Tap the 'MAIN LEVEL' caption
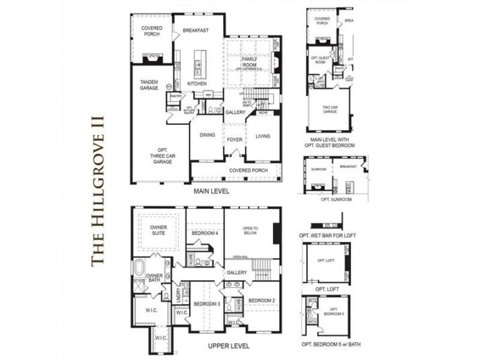(x=212, y=191)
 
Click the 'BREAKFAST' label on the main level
(x=196, y=30)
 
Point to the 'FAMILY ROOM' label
(x=249, y=62)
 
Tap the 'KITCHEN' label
(x=197, y=84)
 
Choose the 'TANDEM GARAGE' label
(x=149, y=85)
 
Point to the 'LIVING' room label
(x=263, y=136)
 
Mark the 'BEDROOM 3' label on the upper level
(x=206, y=304)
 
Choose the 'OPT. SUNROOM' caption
(x=333, y=199)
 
